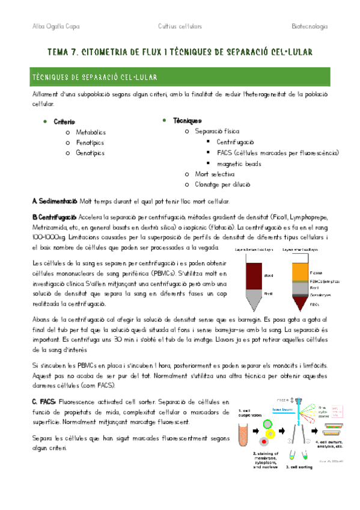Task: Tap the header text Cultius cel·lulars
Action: coord(180,26)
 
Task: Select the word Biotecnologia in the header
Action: coord(309,26)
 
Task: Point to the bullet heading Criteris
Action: coord(64,121)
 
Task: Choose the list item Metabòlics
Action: coord(91,132)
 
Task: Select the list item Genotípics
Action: coord(90,153)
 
